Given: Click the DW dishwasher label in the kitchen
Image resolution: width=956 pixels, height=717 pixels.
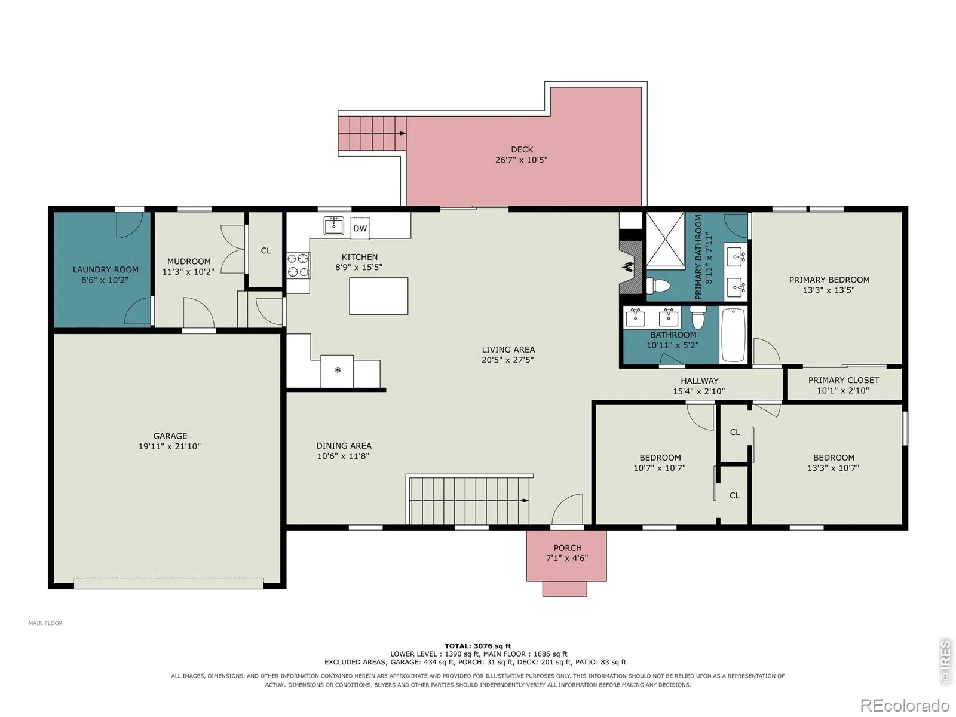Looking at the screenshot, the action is [360, 229].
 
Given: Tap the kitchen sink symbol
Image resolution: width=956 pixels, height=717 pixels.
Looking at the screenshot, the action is [333, 225].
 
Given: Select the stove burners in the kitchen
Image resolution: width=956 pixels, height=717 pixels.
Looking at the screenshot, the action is [298, 265].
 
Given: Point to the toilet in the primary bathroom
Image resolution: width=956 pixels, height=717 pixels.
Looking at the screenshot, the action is [658, 286].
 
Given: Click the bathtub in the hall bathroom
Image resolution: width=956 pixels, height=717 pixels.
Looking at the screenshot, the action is [734, 335].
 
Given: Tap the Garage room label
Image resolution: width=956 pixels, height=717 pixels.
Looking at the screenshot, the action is [170, 436].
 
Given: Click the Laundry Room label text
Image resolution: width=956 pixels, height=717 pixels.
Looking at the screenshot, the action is [105, 270].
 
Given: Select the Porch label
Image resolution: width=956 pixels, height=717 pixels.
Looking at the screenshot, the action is [567, 548].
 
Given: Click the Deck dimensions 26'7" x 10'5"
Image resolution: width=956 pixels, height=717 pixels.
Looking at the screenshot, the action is [521, 160].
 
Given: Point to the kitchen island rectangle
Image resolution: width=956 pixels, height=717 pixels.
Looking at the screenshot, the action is [378, 296].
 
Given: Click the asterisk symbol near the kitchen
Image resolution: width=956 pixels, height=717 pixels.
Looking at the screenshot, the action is [338, 370].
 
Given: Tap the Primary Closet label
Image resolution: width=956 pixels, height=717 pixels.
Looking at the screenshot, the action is [843, 380].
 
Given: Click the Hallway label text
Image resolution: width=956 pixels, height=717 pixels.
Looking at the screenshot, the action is [699, 381].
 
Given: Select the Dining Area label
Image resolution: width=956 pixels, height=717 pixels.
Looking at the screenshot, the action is [344, 446].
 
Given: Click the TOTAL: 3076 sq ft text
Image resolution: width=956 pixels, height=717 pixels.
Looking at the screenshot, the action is [478, 646].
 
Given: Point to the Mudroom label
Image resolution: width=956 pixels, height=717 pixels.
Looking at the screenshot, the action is [189, 262].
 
